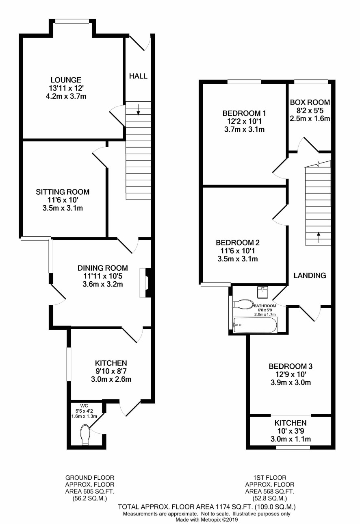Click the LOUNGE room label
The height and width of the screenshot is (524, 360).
(x=66, y=80)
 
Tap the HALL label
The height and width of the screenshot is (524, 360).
(x=139, y=76)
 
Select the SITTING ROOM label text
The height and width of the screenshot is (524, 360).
(x=63, y=192)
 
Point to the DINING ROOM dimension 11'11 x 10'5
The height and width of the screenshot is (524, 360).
(x=103, y=276)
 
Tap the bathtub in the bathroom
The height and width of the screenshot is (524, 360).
(x=255, y=325)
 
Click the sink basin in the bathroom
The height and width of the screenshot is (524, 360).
(x=262, y=292)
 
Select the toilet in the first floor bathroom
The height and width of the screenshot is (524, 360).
(x=243, y=304)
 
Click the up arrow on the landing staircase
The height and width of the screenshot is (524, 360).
(x=319, y=237)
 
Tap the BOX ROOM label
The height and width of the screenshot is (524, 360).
(x=310, y=102)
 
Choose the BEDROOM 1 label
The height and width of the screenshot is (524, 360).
(x=244, y=113)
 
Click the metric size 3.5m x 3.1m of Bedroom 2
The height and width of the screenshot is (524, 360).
(x=238, y=259)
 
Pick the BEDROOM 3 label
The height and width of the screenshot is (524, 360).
(x=291, y=366)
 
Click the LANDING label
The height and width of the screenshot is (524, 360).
(x=310, y=275)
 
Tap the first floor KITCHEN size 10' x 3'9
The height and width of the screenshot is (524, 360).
(x=291, y=431)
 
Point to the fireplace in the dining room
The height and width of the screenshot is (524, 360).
(x=145, y=283)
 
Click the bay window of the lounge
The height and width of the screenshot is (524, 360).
(x=72, y=22)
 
